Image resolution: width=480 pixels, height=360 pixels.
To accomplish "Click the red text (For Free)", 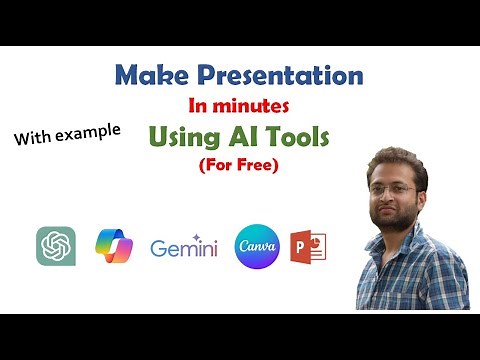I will (238, 162).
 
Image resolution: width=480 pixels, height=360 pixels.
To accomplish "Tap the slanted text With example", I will (67, 134).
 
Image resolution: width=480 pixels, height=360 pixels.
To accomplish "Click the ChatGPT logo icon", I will (55, 246).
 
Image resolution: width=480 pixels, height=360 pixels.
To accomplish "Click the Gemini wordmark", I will (183, 248).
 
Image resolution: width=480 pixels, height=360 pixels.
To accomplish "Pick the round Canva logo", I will (254, 246).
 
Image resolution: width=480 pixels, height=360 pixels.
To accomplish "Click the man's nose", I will (384, 188).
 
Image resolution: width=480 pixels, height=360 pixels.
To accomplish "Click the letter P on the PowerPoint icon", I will (302, 247).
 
